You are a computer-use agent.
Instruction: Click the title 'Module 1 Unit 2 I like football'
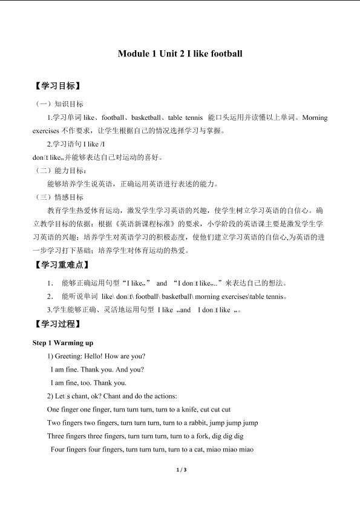[180, 54]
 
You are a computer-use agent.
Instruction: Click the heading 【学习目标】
[58, 87]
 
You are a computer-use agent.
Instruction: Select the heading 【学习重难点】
[62, 265]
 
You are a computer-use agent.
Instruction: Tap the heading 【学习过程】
[58, 326]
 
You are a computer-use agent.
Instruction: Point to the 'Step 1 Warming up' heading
[63, 343]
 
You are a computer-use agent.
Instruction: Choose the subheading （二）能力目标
[60, 171]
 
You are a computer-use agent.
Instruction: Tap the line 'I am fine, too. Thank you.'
[88, 383]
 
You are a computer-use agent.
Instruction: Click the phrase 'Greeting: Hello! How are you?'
[100, 356]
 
